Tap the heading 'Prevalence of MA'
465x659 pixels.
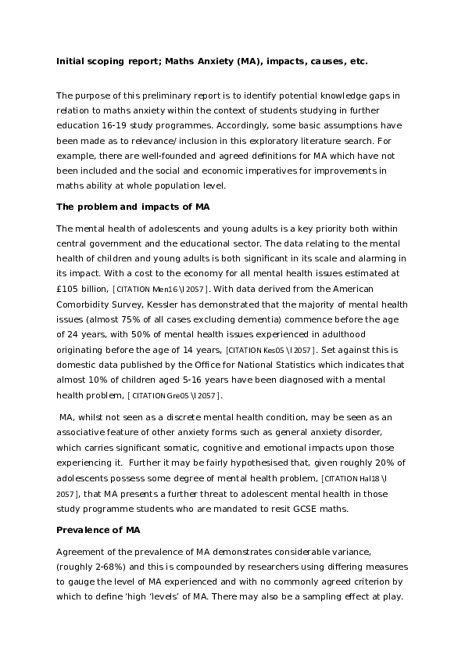[98, 530]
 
